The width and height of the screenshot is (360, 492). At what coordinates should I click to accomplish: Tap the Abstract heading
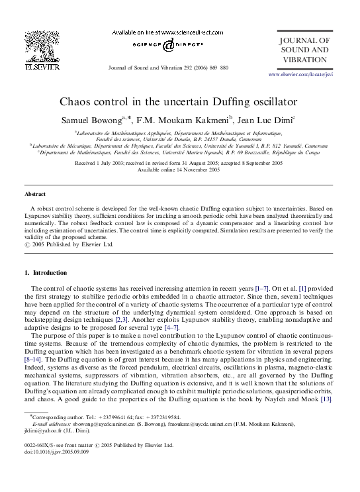pos(35,195)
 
